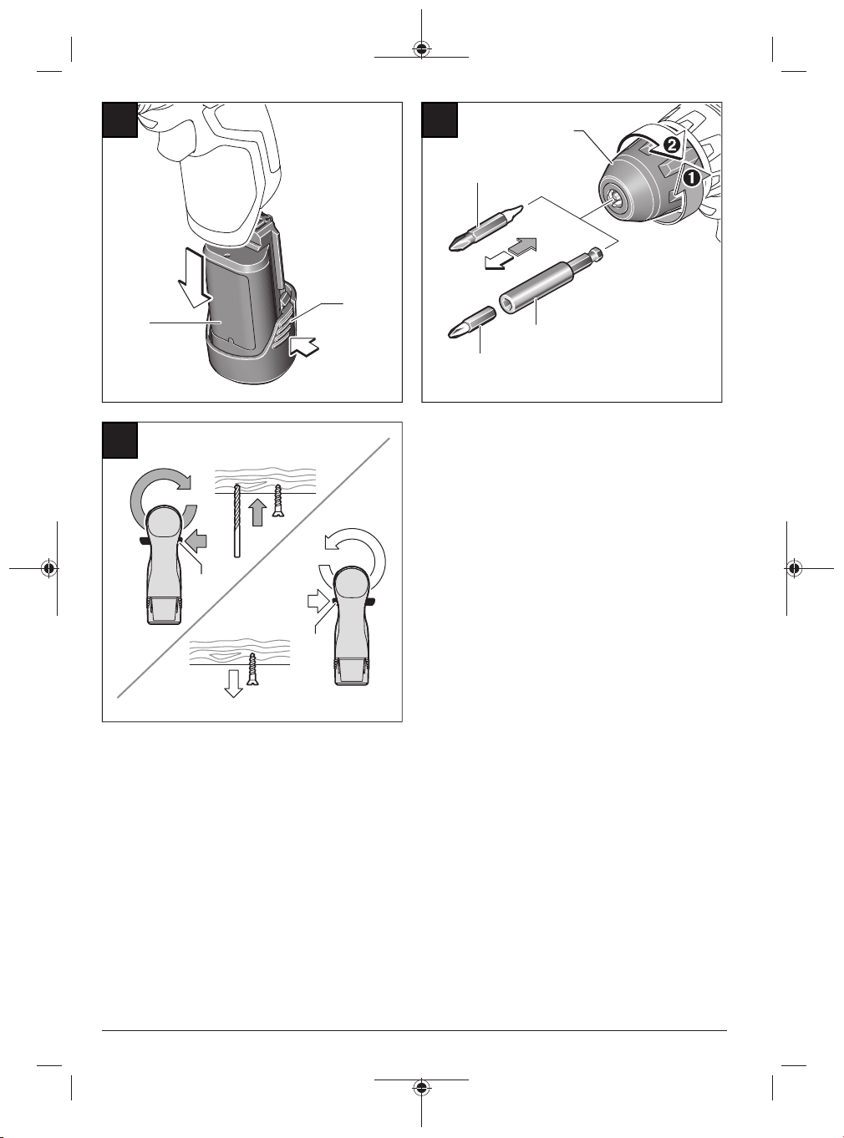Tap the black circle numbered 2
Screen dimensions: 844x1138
pos(669,145)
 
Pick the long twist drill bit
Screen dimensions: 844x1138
pos(236,520)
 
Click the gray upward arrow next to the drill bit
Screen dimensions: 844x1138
pos(258,512)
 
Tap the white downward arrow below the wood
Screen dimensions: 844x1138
pos(234,683)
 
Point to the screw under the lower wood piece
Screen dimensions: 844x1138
pos(252,669)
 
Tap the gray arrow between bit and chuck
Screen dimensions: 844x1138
pos(522,245)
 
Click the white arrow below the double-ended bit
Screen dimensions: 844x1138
pos(499,262)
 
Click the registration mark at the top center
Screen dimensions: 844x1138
pos(421,48)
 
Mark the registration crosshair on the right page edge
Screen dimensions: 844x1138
pos(794,568)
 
